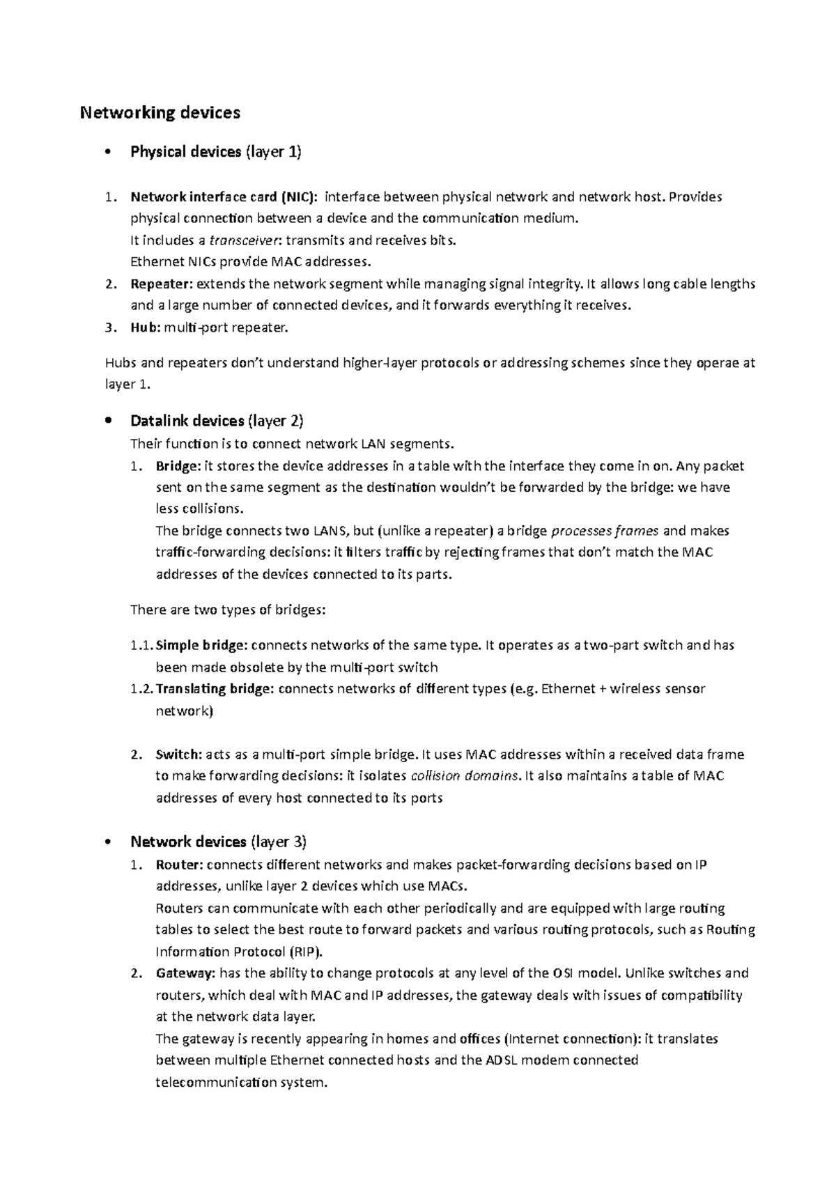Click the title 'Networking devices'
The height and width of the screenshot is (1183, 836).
click(160, 112)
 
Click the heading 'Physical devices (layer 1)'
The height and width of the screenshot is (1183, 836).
click(215, 152)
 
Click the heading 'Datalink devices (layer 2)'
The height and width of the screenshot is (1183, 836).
click(217, 421)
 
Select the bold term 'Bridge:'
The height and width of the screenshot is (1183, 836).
click(178, 465)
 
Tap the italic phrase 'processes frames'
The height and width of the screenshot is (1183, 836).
click(604, 531)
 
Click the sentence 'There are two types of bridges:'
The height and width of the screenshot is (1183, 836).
click(228, 610)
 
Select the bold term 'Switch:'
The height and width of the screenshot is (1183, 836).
click(178, 755)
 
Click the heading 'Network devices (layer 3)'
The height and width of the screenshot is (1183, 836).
click(218, 842)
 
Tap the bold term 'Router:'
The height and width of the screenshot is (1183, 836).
click(179, 865)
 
